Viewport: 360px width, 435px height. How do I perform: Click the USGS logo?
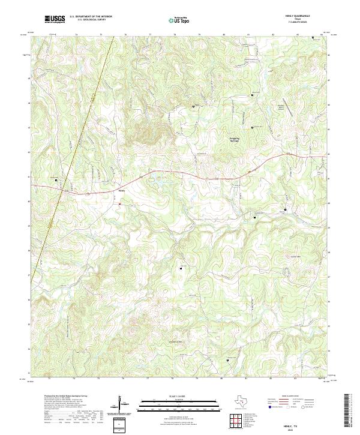coord(55,19)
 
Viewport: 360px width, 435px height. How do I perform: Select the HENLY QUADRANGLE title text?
coord(302,16)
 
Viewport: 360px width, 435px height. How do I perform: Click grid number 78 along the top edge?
coord(174,35)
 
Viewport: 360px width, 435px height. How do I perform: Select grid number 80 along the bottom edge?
coord(222,379)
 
